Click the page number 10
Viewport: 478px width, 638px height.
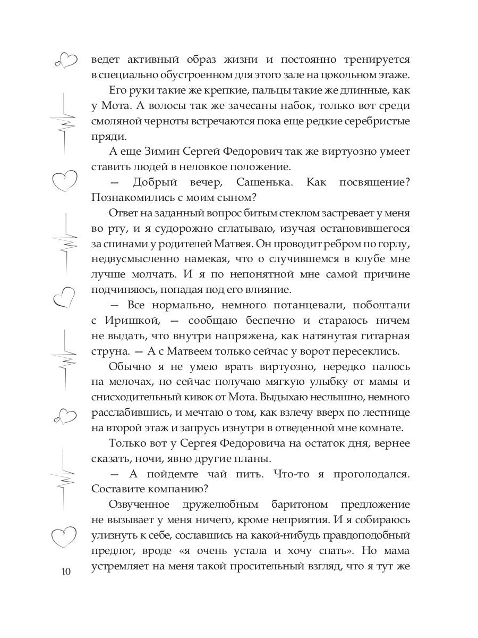[66, 572]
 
